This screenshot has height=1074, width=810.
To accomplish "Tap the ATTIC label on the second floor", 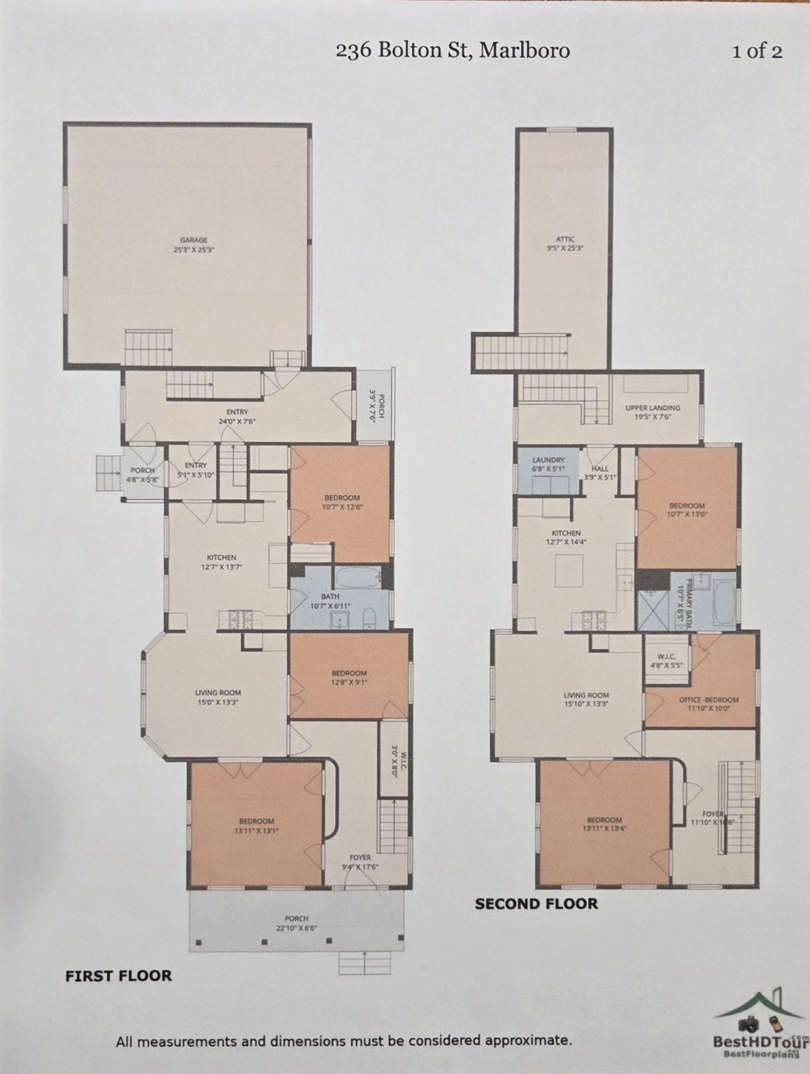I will click(x=564, y=240).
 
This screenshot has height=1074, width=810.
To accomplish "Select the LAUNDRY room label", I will click(x=548, y=459).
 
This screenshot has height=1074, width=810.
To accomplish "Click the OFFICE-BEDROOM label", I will click(x=708, y=700).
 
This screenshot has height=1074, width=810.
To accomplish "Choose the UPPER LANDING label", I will click(x=652, y=408).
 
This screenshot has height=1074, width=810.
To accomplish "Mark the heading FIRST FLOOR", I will click(x=118, y=975).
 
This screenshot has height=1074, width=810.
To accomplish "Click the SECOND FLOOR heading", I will click(x=537, y=903).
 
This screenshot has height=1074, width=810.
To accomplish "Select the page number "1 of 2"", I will click(x=757, y=51).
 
